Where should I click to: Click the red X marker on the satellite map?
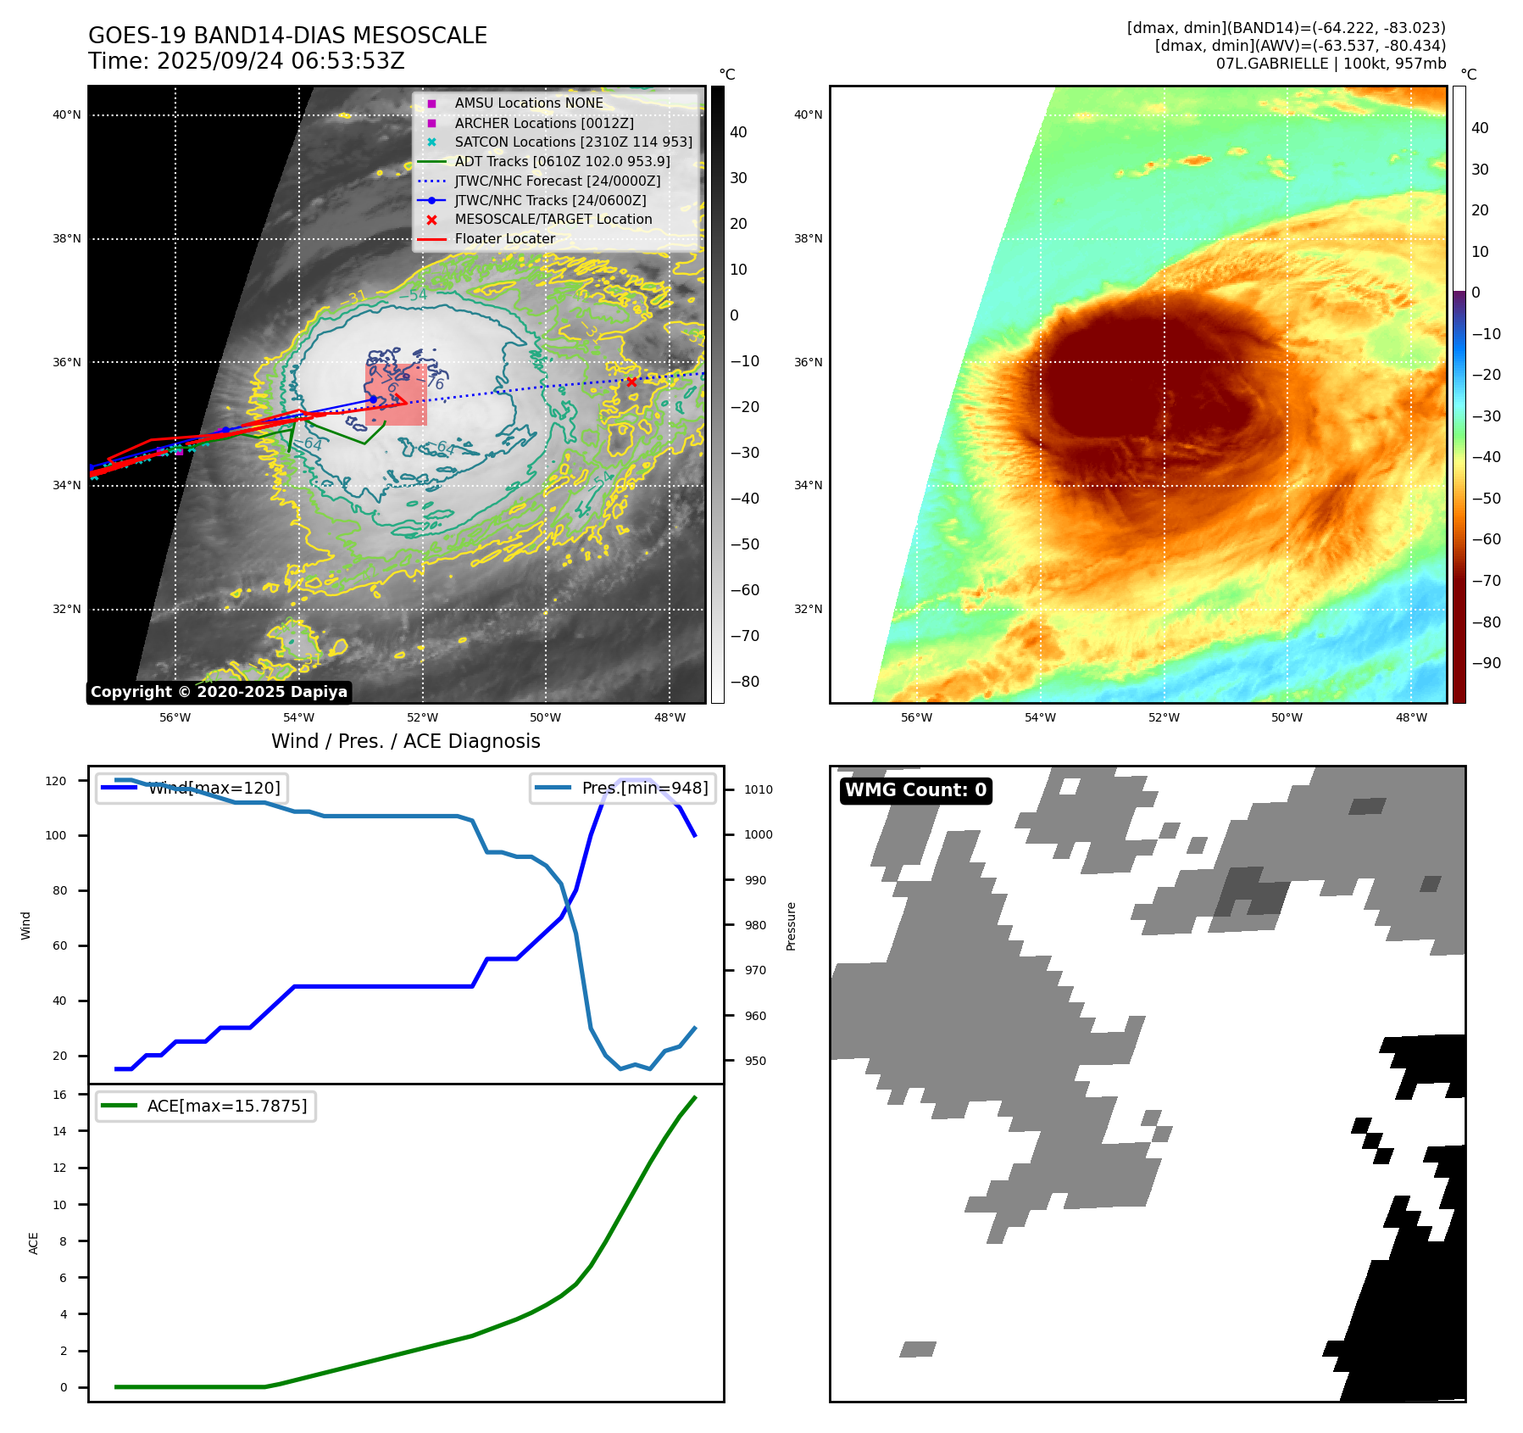pos(631,382)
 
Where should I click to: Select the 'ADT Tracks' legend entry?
pos(562,161)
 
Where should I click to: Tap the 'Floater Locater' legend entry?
pos(504,239)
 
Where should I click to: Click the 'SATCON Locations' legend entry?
pos(573,142)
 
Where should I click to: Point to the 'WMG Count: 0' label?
pos(915,790)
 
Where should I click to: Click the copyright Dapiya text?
pos(219,692)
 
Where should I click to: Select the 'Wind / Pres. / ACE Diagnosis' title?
pos(405,741)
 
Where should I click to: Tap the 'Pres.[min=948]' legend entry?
pos(644,788)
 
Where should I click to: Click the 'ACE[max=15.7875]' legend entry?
pos(226,1106)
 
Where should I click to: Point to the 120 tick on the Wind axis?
pos(56,781)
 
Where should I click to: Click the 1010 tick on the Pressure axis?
pos(759,789)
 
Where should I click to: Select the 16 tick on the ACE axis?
pos(60,1095)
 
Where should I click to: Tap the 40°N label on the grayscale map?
pos(67,114)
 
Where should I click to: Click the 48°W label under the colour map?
pos(1411,717)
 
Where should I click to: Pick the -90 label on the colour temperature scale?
pos(1486,663)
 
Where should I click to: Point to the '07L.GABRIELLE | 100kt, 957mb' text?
pos(1331,64)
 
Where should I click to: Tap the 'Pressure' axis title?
pos(791,926)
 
